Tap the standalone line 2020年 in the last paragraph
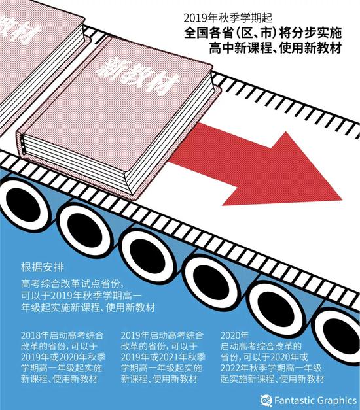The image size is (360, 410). tap(233, 334)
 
